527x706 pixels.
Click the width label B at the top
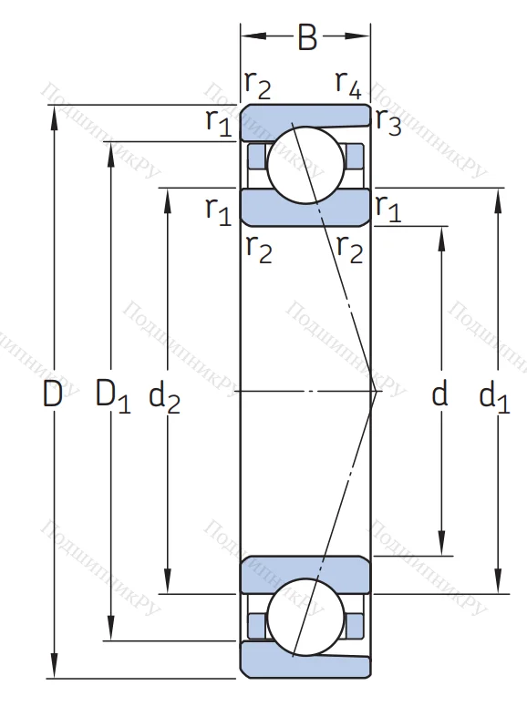coord(307,38)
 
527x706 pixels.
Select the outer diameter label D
coord(54,394)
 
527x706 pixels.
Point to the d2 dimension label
coord(164,395)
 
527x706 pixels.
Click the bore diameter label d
coord(440,394)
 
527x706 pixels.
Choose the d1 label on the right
coord(494,395)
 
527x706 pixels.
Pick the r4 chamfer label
coord(348,85)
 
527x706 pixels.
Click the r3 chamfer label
coord(387,123)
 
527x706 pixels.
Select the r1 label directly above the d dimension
coord(387,209)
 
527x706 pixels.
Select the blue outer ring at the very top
coord(305,116)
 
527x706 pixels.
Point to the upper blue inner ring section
coord(305,207)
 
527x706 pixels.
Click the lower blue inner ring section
coord(305,573)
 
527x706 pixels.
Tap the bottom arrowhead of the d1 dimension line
coord(498,586)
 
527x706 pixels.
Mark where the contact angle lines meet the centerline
coord(375,392)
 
